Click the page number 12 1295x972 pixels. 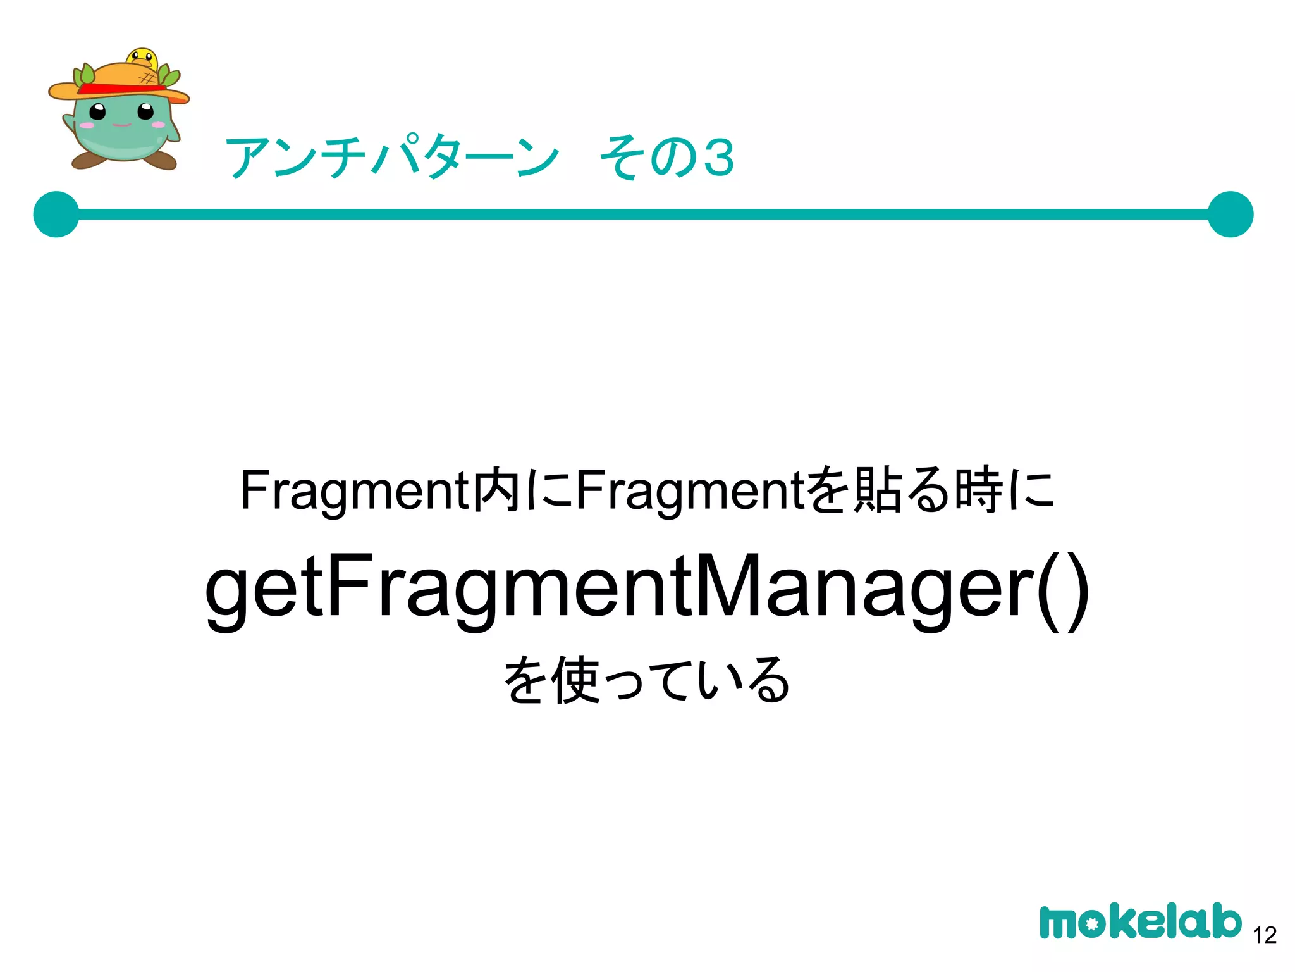(x=1265, y=935)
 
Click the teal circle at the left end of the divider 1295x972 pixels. (x=56, y=215)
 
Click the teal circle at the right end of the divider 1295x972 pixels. (x=1230, y=215)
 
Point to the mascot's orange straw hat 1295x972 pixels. (x=120, y=79)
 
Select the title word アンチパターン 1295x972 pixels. (x=392, y=158)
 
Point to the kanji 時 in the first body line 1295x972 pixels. (x=978, y=490)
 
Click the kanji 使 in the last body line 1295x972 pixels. (x=575, y=680)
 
